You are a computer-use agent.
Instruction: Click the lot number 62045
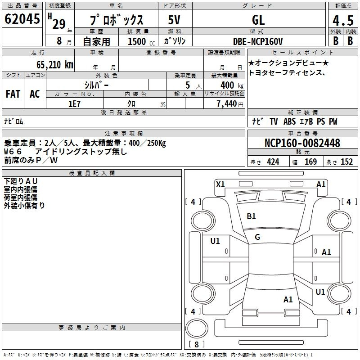click(x=22, y=19)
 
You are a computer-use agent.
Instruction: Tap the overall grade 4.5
click(x=343, y=21)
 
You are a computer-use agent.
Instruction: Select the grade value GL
click(x=258, y=20)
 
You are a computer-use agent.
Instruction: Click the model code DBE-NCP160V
click(x=258, y=41)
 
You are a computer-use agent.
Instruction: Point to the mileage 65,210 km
click(x=55, y=65)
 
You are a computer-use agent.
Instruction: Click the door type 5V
click(x=174, y=20)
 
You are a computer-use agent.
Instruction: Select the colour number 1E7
click(x=74, y=104)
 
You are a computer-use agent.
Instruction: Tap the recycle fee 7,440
click(x=227, y=104)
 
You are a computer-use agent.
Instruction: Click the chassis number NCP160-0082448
click(x=302, y=143)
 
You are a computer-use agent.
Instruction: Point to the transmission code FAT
click(x=13, y=94)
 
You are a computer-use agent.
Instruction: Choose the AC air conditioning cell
click(x=35, y=94)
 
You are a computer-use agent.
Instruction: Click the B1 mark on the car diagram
click(x=251, y=216)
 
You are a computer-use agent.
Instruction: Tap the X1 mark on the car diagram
click(x=220, y=184)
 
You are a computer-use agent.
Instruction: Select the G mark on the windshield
click(x=257, y=237)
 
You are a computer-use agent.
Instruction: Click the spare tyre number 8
click(x=197, y=344)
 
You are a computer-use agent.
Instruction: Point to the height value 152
click(x=346, y=162)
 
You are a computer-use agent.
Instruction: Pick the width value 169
click(x=310, y=162)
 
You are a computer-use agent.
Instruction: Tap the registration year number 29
click(x=59, y=24)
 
